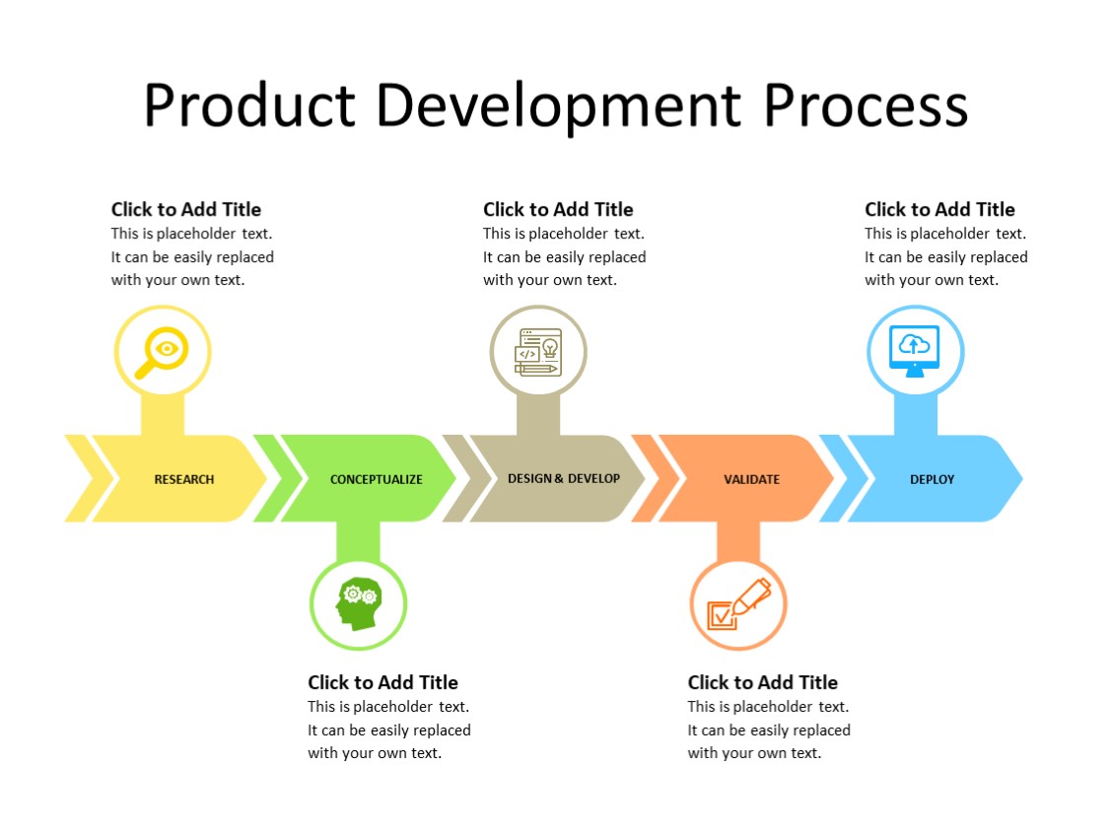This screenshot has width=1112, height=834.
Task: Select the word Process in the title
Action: (866, 106)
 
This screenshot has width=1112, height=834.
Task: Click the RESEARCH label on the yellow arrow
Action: (184, 479)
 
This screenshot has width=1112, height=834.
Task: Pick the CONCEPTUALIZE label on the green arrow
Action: (376, 479)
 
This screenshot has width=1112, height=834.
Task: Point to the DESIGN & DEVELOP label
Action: (564, 478)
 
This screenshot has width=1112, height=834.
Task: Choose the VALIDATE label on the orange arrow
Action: (751, 479)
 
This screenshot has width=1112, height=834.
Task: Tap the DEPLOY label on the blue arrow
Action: (932, 479)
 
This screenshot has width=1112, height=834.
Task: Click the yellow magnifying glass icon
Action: (163, 352)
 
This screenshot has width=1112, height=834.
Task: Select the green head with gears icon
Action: (358, 604)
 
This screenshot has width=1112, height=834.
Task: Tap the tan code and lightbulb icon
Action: (538, 352)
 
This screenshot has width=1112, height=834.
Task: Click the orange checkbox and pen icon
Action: (738, 604)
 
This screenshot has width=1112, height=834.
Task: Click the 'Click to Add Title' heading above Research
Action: (186, 209)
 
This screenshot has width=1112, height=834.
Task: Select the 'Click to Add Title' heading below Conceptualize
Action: (382, 682)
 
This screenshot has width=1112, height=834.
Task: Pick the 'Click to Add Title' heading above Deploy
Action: (939, 209)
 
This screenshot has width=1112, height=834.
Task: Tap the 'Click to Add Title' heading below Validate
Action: (762, 682)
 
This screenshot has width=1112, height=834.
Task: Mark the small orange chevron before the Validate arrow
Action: (651, 478)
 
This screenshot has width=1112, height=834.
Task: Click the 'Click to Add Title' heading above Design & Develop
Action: (558, 209)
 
